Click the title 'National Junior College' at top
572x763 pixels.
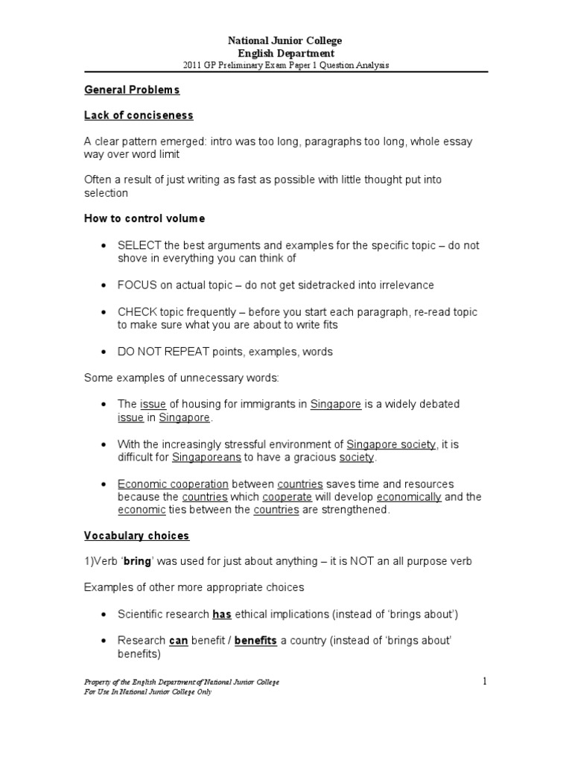(285, 41)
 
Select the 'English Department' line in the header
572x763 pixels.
(285, 53)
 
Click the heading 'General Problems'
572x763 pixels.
(131, 89)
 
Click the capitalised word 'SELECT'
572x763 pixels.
(136, 245)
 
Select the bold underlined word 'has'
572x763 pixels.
(222, 615)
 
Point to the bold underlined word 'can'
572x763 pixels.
(179, 641)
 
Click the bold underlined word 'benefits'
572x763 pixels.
(258, 641)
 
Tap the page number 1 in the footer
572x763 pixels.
(484, 680)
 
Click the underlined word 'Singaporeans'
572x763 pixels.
(204, 457)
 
